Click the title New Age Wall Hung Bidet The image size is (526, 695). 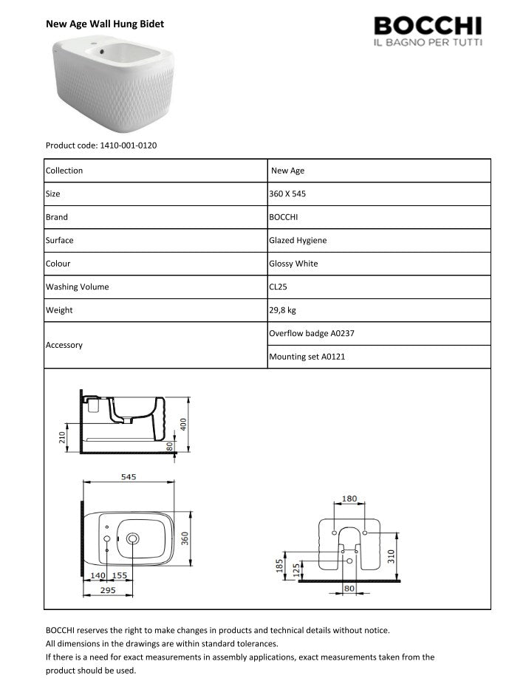tap(105, 24)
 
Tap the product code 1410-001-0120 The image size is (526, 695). tap(101, 145)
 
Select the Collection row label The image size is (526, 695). tap(64, 171)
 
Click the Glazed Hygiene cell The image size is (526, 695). tap(298, 240)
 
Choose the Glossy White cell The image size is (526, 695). tap(294, 264)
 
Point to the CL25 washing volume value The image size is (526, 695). tap(279, 287)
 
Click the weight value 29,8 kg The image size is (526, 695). tap(283, 310)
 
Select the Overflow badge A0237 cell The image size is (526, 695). tap(312, 333)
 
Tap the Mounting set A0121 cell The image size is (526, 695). tap(307, 357)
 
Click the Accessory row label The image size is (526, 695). tap(64, 345)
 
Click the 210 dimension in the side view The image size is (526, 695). tap(61, 438)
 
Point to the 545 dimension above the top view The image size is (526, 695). tap(129, 477)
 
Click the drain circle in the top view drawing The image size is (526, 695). tap(134, 539)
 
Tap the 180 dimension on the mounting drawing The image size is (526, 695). tap(349, 499)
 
